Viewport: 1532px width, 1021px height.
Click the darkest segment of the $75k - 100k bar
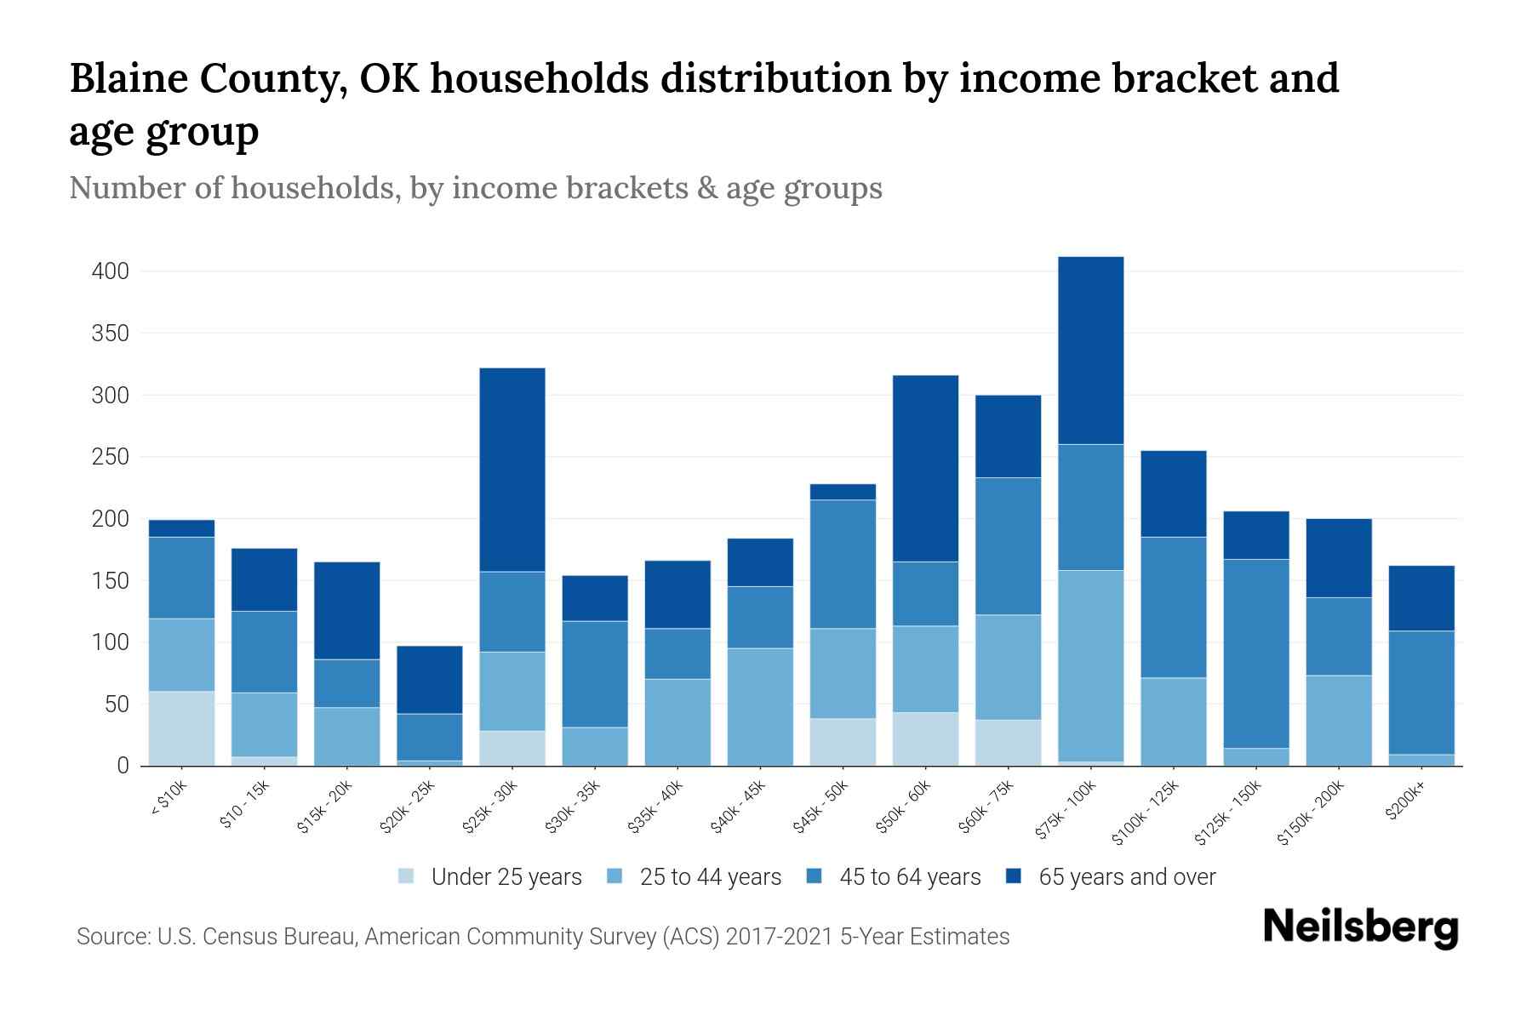click(1090, 350)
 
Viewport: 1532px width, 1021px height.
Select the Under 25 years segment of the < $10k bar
click(181, 728)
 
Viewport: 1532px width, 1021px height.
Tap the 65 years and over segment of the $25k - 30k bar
click(512, 469)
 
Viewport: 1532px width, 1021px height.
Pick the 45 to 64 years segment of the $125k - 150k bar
click(1256, 653)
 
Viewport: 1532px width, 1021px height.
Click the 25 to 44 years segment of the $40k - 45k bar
click(760, 706)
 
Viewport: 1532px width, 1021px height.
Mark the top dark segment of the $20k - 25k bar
click(430, 679)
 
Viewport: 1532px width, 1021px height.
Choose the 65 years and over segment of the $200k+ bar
click(1421, 597)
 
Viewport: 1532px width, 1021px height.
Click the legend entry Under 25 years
click(506, 877)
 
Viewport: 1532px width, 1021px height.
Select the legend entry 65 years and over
click(1126, 877)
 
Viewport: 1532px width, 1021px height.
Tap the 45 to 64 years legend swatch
click(815, 876)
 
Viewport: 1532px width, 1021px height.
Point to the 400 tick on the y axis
click(111, 271)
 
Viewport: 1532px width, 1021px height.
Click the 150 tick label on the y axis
click(111, 581)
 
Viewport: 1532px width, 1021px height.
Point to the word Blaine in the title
click(129, 78)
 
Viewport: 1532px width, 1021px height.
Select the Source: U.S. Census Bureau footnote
click(542, 937)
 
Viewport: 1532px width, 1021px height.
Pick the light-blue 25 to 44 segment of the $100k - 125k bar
click(1174, 721)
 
